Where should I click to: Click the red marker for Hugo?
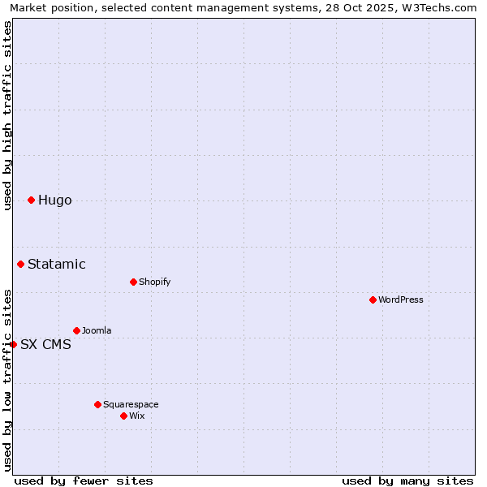[31, 200]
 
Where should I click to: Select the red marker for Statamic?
[20, 264]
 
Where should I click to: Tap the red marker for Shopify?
[133, 282]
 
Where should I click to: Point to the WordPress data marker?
[373, 300]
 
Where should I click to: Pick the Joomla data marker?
[76, 330]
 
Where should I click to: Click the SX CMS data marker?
[13, 344]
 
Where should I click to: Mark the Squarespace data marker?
[97, 404]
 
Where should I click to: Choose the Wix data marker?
[123, 416]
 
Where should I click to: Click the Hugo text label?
[55, 200]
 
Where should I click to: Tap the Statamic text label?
[57, 264]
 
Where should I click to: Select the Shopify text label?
[154, 282]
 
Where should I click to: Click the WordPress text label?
[401, 300]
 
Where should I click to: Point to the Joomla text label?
[97, 330]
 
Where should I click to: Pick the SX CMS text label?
[45, 344]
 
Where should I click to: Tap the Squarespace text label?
[131, 404]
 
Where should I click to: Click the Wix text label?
[136, 416]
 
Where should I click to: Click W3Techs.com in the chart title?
[443, 8]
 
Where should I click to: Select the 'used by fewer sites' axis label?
[84, 481]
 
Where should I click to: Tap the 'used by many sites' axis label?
[407, 481]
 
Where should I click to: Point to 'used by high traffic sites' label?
[8, 115]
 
